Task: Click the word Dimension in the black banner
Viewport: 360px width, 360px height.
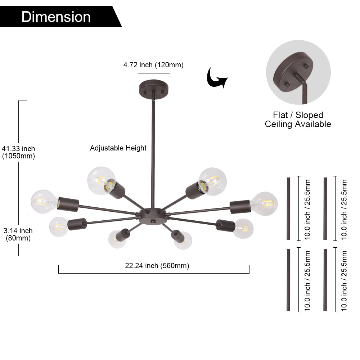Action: click(x=56, y=17)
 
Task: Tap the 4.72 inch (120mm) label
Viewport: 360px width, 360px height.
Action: click(x=153, y=65)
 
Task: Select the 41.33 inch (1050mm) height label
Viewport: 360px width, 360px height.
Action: click(x=18, y=152)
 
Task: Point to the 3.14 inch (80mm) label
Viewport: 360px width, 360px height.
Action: click(x=18, y=234)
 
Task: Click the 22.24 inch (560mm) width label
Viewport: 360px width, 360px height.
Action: click(x=157, y=266)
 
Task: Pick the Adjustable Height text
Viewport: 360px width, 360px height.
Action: click(x=118, y=148)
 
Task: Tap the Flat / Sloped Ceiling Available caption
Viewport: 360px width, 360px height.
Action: click(x=298, y=120)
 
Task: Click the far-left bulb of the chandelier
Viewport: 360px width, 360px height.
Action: click(x=44, y=202)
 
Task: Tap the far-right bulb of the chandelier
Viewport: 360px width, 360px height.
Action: click(x=264, y=204)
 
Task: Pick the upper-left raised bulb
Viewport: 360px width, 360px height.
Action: click(x=101, y=181)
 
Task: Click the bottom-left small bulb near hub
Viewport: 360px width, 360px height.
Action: click(x=117, y=239)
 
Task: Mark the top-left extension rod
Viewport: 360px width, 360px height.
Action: click(x=288, y=208)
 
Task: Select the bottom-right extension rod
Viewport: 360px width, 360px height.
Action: click(x=325, y=280)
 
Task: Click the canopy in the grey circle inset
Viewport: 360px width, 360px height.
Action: click(x=293, y=71)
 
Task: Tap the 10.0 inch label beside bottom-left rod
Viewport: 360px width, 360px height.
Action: click(x=307, y=281)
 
